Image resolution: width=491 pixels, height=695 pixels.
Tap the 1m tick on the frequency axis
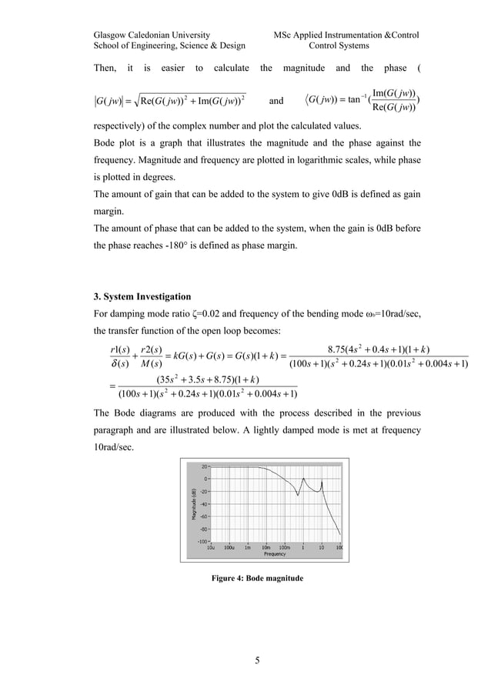tap(247, 548)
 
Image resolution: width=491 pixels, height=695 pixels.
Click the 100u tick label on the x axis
tap(229, 548)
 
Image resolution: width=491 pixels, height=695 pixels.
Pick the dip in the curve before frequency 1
tap(299, 492)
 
